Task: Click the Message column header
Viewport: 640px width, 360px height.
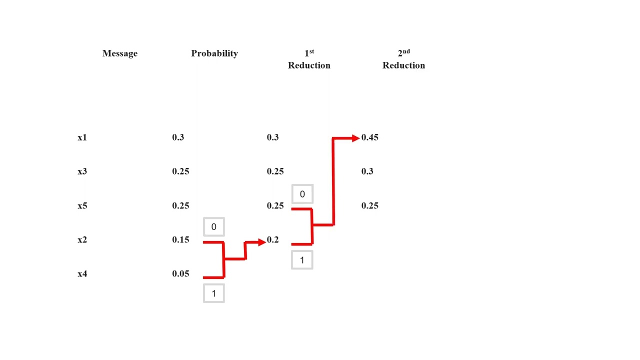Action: point(119,53)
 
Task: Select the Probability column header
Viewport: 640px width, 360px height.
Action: point(214,53)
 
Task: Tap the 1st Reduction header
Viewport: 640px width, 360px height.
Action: point(309,59)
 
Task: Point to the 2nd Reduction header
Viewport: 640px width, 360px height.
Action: point(403,59)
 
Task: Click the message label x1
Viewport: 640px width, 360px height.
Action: point(82,137)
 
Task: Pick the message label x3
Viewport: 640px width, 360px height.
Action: point(82,171)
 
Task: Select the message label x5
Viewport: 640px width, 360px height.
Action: point(82,205)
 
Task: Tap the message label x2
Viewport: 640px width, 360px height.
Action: point(82,240)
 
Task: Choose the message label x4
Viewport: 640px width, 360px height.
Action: point(82,274)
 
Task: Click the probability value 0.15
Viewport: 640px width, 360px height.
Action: point(180,240)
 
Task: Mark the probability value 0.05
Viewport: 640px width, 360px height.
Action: point(180,273)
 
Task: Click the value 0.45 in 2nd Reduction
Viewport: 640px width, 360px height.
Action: point(369,137)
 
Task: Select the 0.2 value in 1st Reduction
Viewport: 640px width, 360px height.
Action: point(272,240)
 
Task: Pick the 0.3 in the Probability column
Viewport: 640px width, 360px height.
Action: point(177,137)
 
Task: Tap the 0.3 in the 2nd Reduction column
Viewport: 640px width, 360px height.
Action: point(367,171)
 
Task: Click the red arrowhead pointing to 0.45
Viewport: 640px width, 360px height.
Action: point(355,138)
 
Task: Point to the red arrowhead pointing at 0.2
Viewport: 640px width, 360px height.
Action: point(261,242)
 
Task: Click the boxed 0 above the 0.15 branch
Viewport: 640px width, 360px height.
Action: point(213,227)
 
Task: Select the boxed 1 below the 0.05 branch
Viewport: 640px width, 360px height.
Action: point(213,293)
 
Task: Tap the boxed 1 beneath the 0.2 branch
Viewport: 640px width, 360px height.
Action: point(302,260)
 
